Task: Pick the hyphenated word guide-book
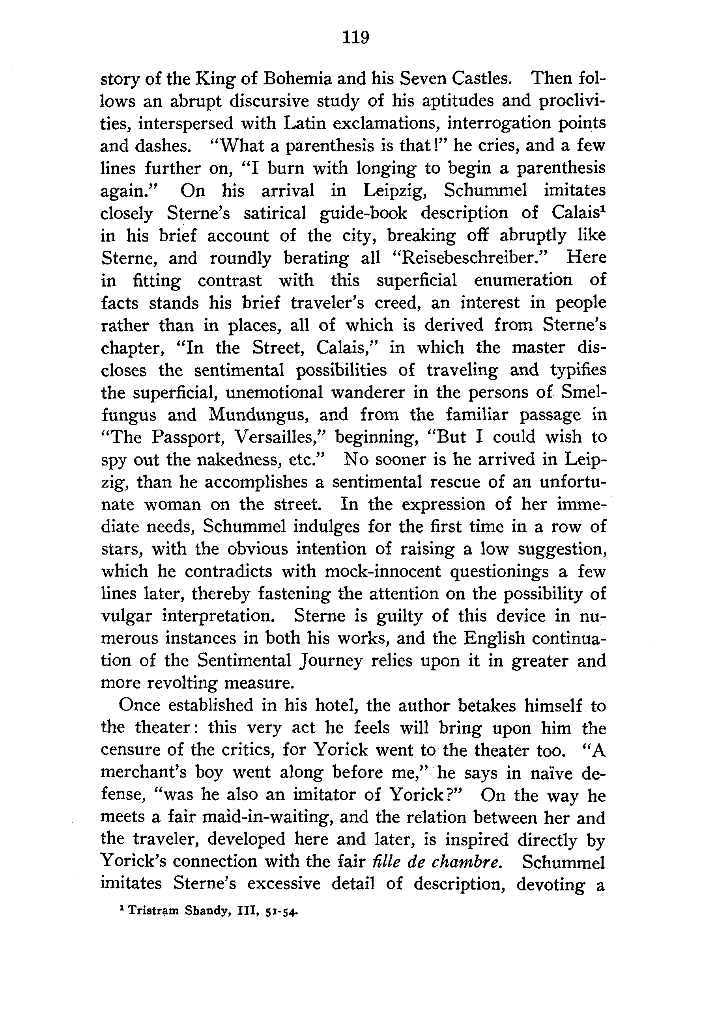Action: click(x=363, y=213)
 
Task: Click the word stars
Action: click(x=117, y=549)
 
